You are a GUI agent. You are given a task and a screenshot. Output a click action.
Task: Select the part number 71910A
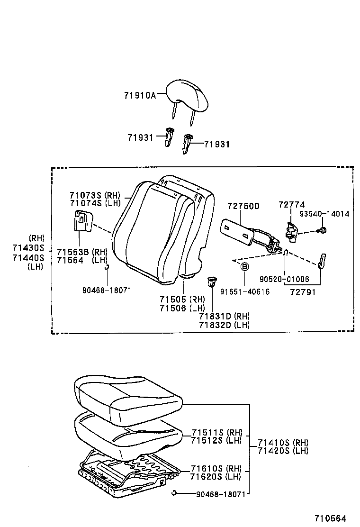pyautogui.click(x=140, y=95)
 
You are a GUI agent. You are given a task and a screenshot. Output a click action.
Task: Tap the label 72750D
pyautogui.click(x=243, y=206)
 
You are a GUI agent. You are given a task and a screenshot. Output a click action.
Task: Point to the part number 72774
pyautogui.click(x=291, y=204)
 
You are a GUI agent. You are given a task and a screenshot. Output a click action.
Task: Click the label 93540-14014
pyautogui.click(x=324, y=214)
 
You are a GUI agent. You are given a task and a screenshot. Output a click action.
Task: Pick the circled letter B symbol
pyautogui.click(x=245, y=267)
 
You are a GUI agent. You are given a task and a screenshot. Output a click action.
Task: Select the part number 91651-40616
pyautogui.click(x=244, y=292)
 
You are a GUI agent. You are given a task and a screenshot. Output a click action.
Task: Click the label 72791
pyautogui.click(x=303, y=292)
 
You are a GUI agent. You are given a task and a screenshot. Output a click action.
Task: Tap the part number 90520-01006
pyautogui.click(x=285, y=280)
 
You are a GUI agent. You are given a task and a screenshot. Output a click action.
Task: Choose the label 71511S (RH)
pyautogui.click(x=217, y=432)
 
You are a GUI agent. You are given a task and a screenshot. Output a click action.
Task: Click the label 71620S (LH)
pyautogui.click(x=216, y=476)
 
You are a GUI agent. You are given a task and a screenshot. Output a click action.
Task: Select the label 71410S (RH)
pyautogui.click(x=283, y=442)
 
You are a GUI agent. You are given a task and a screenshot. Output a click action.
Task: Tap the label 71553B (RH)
pyautogui.click(x=82, y=252)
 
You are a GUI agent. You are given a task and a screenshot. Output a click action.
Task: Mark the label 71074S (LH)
pyautogui.click(x=95, y=203)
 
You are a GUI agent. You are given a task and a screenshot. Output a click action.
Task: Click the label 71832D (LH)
pyautogui.click(x=224, y=325)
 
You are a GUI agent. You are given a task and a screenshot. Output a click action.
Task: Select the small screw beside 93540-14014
pyautogui.click(x=323, y=230)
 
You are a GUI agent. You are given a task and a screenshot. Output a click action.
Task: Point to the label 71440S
pyautogui.click(x=28, y=257)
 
